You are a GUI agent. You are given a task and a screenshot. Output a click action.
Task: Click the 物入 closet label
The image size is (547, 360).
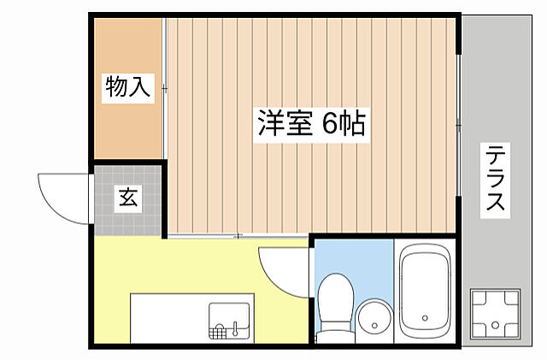click(127, 87)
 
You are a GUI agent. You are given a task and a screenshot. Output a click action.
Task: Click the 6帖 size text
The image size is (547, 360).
click(344, 125)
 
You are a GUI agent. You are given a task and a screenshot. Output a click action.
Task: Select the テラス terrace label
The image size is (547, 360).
click(496, 179)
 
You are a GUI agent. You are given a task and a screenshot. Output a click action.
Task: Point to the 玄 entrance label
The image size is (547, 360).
click(127, 199)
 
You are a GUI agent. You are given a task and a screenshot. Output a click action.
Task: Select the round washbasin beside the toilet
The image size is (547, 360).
click(373, 319)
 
